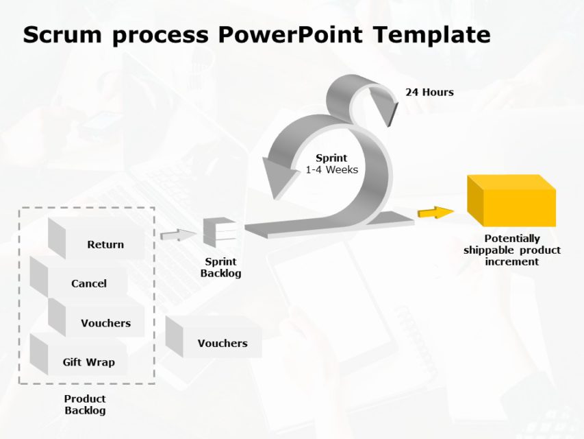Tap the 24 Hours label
point(429,92)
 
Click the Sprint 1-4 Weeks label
point(331,164)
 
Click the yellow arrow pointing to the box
point(435,213)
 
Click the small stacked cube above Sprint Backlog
point(219,232)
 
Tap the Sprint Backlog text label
point(220,268)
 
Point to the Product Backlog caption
point(85,405)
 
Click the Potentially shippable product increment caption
point(511,250)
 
